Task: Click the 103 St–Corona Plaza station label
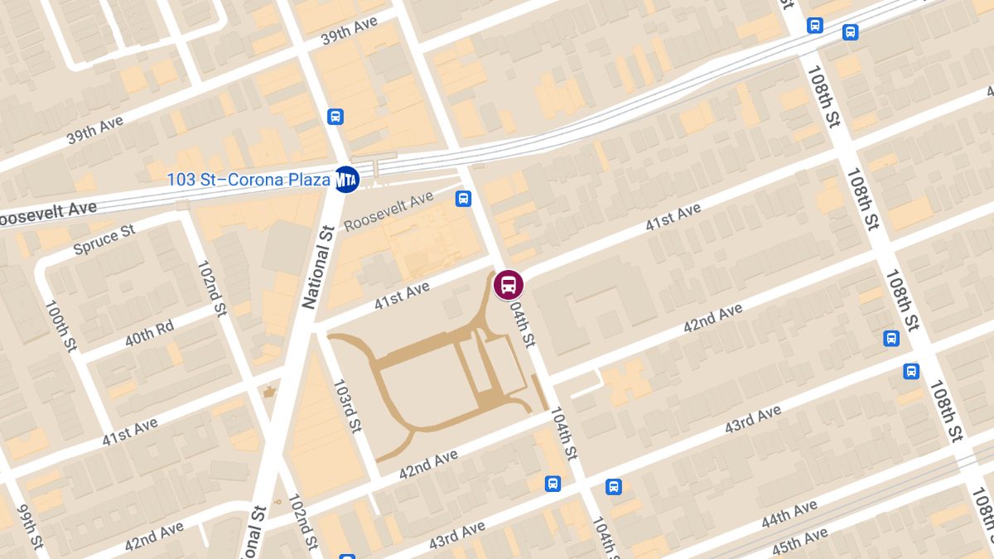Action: (248, 179)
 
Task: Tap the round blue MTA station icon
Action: (346, 178)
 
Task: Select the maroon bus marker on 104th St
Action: (509, 285)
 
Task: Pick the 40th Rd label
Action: (150, 333)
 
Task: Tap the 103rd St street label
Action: (347, 406)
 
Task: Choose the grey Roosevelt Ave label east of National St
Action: (388, 210)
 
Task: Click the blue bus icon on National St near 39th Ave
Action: (335, 116)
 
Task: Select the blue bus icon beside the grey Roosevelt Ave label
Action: (463, 198)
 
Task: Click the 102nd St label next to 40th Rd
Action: (211, 287)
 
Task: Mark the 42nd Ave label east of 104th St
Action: (713, 319)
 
